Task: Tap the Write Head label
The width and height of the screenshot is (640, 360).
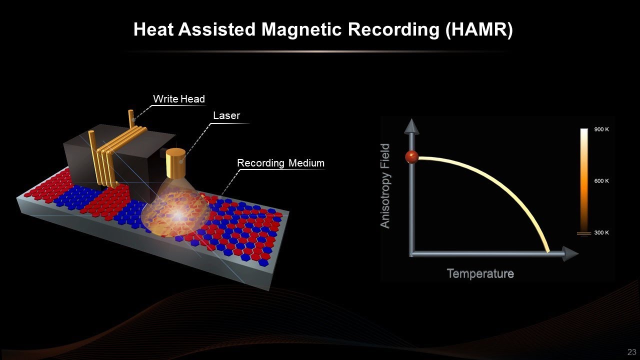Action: point(178,99)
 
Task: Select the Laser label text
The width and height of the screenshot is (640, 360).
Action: point(226,116)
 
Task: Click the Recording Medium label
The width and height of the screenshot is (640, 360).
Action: point(280,163)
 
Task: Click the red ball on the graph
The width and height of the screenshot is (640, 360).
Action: point(411,157)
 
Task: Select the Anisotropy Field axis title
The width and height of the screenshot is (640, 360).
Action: point(385,186)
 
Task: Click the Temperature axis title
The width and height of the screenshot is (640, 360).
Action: point(480,274)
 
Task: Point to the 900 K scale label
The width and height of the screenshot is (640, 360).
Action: point(601,129)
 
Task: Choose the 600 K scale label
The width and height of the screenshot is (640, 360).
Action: point(601,181)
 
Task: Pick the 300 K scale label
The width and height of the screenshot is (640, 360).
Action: point(601,233)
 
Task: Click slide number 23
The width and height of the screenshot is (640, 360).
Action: point(631,352)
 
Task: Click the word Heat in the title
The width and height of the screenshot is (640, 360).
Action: point(153,30)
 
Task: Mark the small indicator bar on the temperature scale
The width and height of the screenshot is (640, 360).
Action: point(584,233)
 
